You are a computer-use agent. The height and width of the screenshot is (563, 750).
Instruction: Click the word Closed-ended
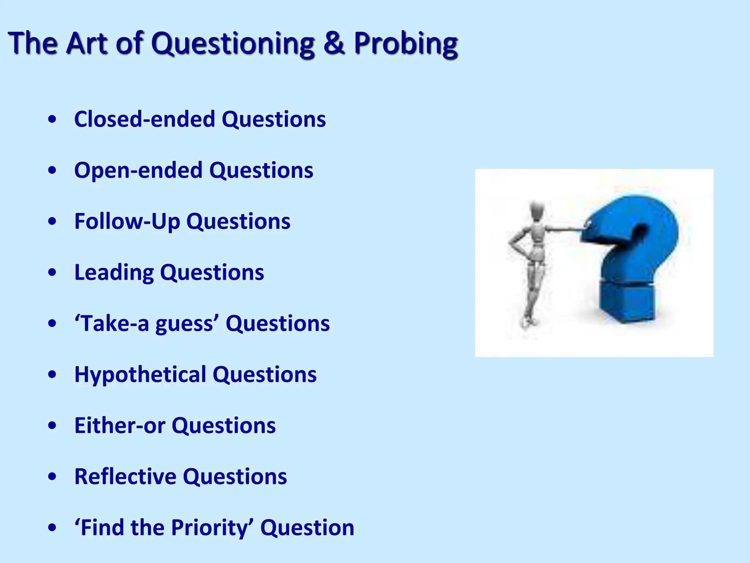[145, 119]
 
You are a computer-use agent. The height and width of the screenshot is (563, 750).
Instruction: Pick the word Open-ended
[138, 171]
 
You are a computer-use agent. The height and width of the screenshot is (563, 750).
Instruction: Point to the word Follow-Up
[127, 221]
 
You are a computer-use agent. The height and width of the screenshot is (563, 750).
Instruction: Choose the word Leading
[114, 272]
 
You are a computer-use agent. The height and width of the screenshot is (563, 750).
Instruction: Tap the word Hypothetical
[140, 375]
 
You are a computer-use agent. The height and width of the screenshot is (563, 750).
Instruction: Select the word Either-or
[120, 426]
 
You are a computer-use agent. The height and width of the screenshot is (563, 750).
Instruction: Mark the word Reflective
[125, 476]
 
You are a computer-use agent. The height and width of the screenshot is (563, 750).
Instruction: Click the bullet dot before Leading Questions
[52, 273]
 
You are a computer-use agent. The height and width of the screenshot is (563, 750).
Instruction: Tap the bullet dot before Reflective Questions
[52, 476]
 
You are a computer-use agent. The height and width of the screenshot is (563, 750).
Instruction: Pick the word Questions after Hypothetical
[264, 375]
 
